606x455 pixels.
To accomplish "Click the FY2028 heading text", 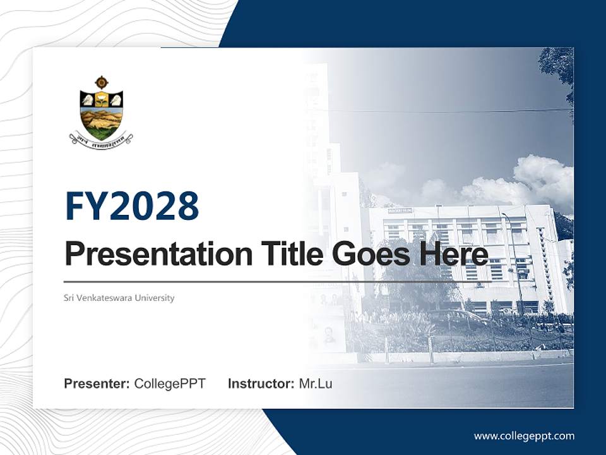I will [x=132, y=207].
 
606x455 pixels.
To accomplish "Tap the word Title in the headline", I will [x=290, y=255].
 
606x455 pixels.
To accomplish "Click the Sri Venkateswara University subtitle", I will [x=119, y=298].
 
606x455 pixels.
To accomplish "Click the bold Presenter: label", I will [x=97, y=384].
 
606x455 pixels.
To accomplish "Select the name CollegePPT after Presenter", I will [x=170, y=384].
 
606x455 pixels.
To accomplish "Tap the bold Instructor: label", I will [x=261, y=384].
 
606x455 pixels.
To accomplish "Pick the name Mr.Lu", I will [x=315, y=384].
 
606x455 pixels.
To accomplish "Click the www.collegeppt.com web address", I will [x=524, y=435].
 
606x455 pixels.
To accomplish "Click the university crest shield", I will [x=101, y=114].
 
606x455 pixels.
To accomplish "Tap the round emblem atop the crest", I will [x=101, y=82].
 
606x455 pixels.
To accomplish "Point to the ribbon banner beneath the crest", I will [x=101, y=137].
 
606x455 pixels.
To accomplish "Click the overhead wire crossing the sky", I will [x=442, y=111].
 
